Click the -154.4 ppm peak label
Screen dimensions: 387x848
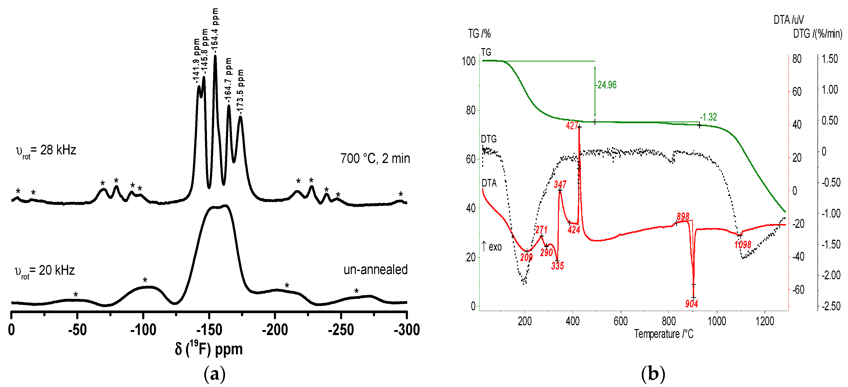tap(215, 30)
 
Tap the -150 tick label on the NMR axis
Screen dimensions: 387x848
tap(209, 330)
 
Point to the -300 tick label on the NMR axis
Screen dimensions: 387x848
tap(407, 330)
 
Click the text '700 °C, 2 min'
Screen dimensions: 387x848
tap(375, 159)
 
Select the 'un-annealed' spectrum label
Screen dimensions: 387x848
tap(375, 270)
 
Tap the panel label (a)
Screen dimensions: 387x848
tap(215, 374)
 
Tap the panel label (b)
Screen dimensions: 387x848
tap(653, 374)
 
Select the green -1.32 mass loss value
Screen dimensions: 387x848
tap(708, 117)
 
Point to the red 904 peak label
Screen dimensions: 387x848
tap(691, 304)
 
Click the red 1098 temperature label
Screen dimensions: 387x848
tap(743, 245)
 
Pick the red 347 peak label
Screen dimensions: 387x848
tap(560, 184)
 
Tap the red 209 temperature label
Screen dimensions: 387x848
tap(526, 257)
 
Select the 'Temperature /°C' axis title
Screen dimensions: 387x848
tap(664, 334)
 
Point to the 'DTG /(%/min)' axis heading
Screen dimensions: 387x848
tap(817, 34)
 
